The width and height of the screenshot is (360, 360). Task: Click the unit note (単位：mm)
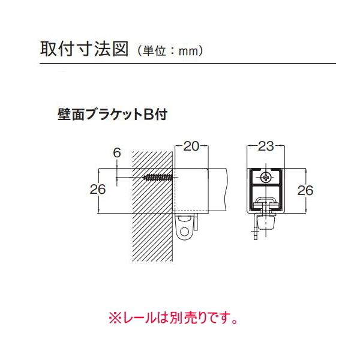coord(172,51)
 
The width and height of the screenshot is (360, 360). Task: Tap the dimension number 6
coord(117,153)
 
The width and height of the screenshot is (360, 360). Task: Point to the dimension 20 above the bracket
coord(191,146)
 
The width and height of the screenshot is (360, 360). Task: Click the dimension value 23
coord(266,146)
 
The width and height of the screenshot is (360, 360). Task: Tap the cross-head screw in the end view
coord(266,177)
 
